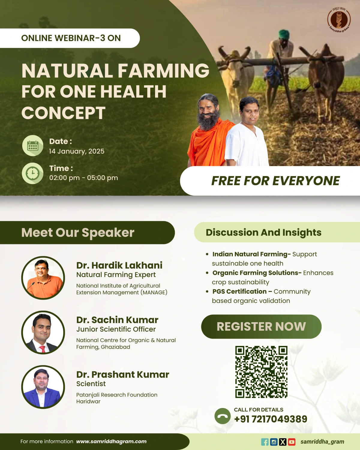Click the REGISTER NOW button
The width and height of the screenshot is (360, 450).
coord(261,326)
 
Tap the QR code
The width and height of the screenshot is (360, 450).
coord(261,372)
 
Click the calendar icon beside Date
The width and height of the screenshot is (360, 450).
coord(33,145)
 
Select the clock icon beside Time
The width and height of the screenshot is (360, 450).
coord(33,173)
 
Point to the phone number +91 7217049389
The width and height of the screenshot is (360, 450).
coord(271,419)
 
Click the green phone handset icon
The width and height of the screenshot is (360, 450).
coord(223,416)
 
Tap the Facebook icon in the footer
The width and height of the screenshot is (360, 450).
coord(265,442)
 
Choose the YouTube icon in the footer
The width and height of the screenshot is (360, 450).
coord(292,442)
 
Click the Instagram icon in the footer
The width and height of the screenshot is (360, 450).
coord(274,442)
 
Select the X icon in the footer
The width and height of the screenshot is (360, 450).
coord(283,442)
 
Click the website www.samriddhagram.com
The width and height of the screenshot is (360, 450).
coord(111,441)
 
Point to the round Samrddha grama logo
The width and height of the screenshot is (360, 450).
coord(339,20)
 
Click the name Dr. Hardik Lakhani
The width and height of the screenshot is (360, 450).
coord(119,265)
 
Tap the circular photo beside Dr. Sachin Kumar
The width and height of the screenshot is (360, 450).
coord(43,332)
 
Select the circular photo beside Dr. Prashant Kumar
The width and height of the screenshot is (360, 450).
coord(43,387)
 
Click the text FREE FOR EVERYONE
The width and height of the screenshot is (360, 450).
coord(275,181)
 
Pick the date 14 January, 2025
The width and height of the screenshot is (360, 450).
coord(76,151)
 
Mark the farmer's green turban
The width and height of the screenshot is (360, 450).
coord(284,34)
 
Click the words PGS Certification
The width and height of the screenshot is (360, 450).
coord(239,291)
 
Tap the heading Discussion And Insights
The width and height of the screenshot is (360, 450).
coord(264,232)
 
